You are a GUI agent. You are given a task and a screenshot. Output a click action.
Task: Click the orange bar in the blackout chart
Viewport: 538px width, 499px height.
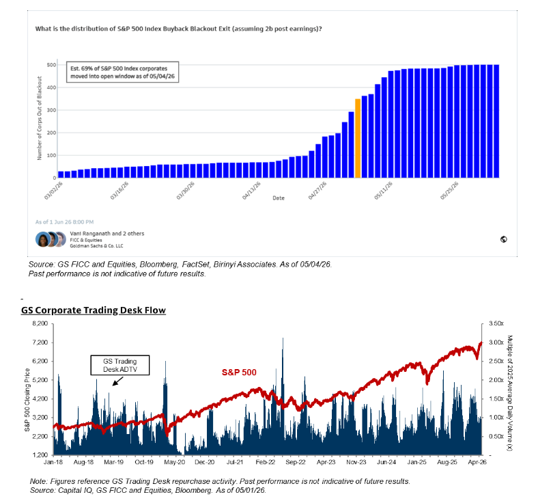(x=358, y=138)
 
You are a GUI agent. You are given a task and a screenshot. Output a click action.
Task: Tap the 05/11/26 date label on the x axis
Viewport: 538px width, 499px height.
(x=383, y=191)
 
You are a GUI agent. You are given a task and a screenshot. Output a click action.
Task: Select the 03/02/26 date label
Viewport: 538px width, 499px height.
(x=53, y=191)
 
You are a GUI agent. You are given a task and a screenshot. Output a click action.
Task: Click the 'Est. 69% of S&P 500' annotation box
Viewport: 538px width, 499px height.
(x=122, y=72)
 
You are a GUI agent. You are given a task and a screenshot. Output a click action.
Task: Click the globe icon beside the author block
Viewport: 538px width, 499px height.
(x=503, y=239)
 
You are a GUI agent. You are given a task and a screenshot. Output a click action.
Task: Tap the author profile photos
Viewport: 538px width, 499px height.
(x=51, y=239)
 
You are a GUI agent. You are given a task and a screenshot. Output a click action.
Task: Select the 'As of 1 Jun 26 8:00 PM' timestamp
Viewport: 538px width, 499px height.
(x=64, y=222)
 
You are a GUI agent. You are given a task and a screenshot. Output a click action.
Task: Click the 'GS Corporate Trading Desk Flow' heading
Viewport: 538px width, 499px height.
(x=94, y=310)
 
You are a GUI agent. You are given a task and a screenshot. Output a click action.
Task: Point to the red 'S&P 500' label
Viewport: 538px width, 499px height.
(x=239, y=373)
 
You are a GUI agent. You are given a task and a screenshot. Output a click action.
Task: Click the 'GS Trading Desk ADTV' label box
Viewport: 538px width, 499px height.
(x=120, y=365)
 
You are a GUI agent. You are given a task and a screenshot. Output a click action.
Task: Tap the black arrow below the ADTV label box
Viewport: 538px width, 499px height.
(x=117, y=381)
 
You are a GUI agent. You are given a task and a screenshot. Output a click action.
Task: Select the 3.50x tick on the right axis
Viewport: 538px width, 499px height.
(x=496, y=323)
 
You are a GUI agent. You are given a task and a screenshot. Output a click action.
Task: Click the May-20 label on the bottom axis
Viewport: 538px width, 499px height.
(x=174, y=462)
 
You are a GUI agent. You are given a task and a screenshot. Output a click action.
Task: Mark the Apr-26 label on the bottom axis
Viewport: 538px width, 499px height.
(x=477, y=462)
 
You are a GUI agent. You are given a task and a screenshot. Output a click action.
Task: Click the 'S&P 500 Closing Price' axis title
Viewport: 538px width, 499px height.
(x=27, y=399)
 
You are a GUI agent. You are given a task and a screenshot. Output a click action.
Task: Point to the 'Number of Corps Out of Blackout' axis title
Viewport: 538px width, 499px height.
(x=40, y=118)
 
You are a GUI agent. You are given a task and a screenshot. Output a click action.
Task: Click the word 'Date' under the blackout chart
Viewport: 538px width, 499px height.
(x=279, y=198)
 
